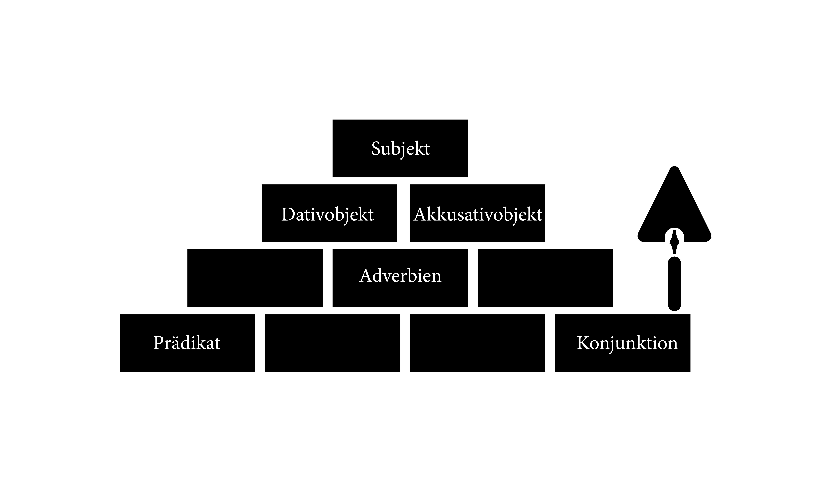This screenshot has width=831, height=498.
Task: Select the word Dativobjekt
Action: click(x=327, y=214)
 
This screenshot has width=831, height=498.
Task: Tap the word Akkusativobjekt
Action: click(x=478, y=214)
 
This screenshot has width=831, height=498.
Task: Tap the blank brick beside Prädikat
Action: click(x=333, y=343)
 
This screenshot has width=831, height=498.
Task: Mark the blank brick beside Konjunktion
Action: click(x=478, y=343)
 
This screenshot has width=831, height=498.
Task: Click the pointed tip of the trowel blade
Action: click(x=674, y=166)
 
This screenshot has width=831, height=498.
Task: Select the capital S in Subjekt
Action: click(x=377, y=149)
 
